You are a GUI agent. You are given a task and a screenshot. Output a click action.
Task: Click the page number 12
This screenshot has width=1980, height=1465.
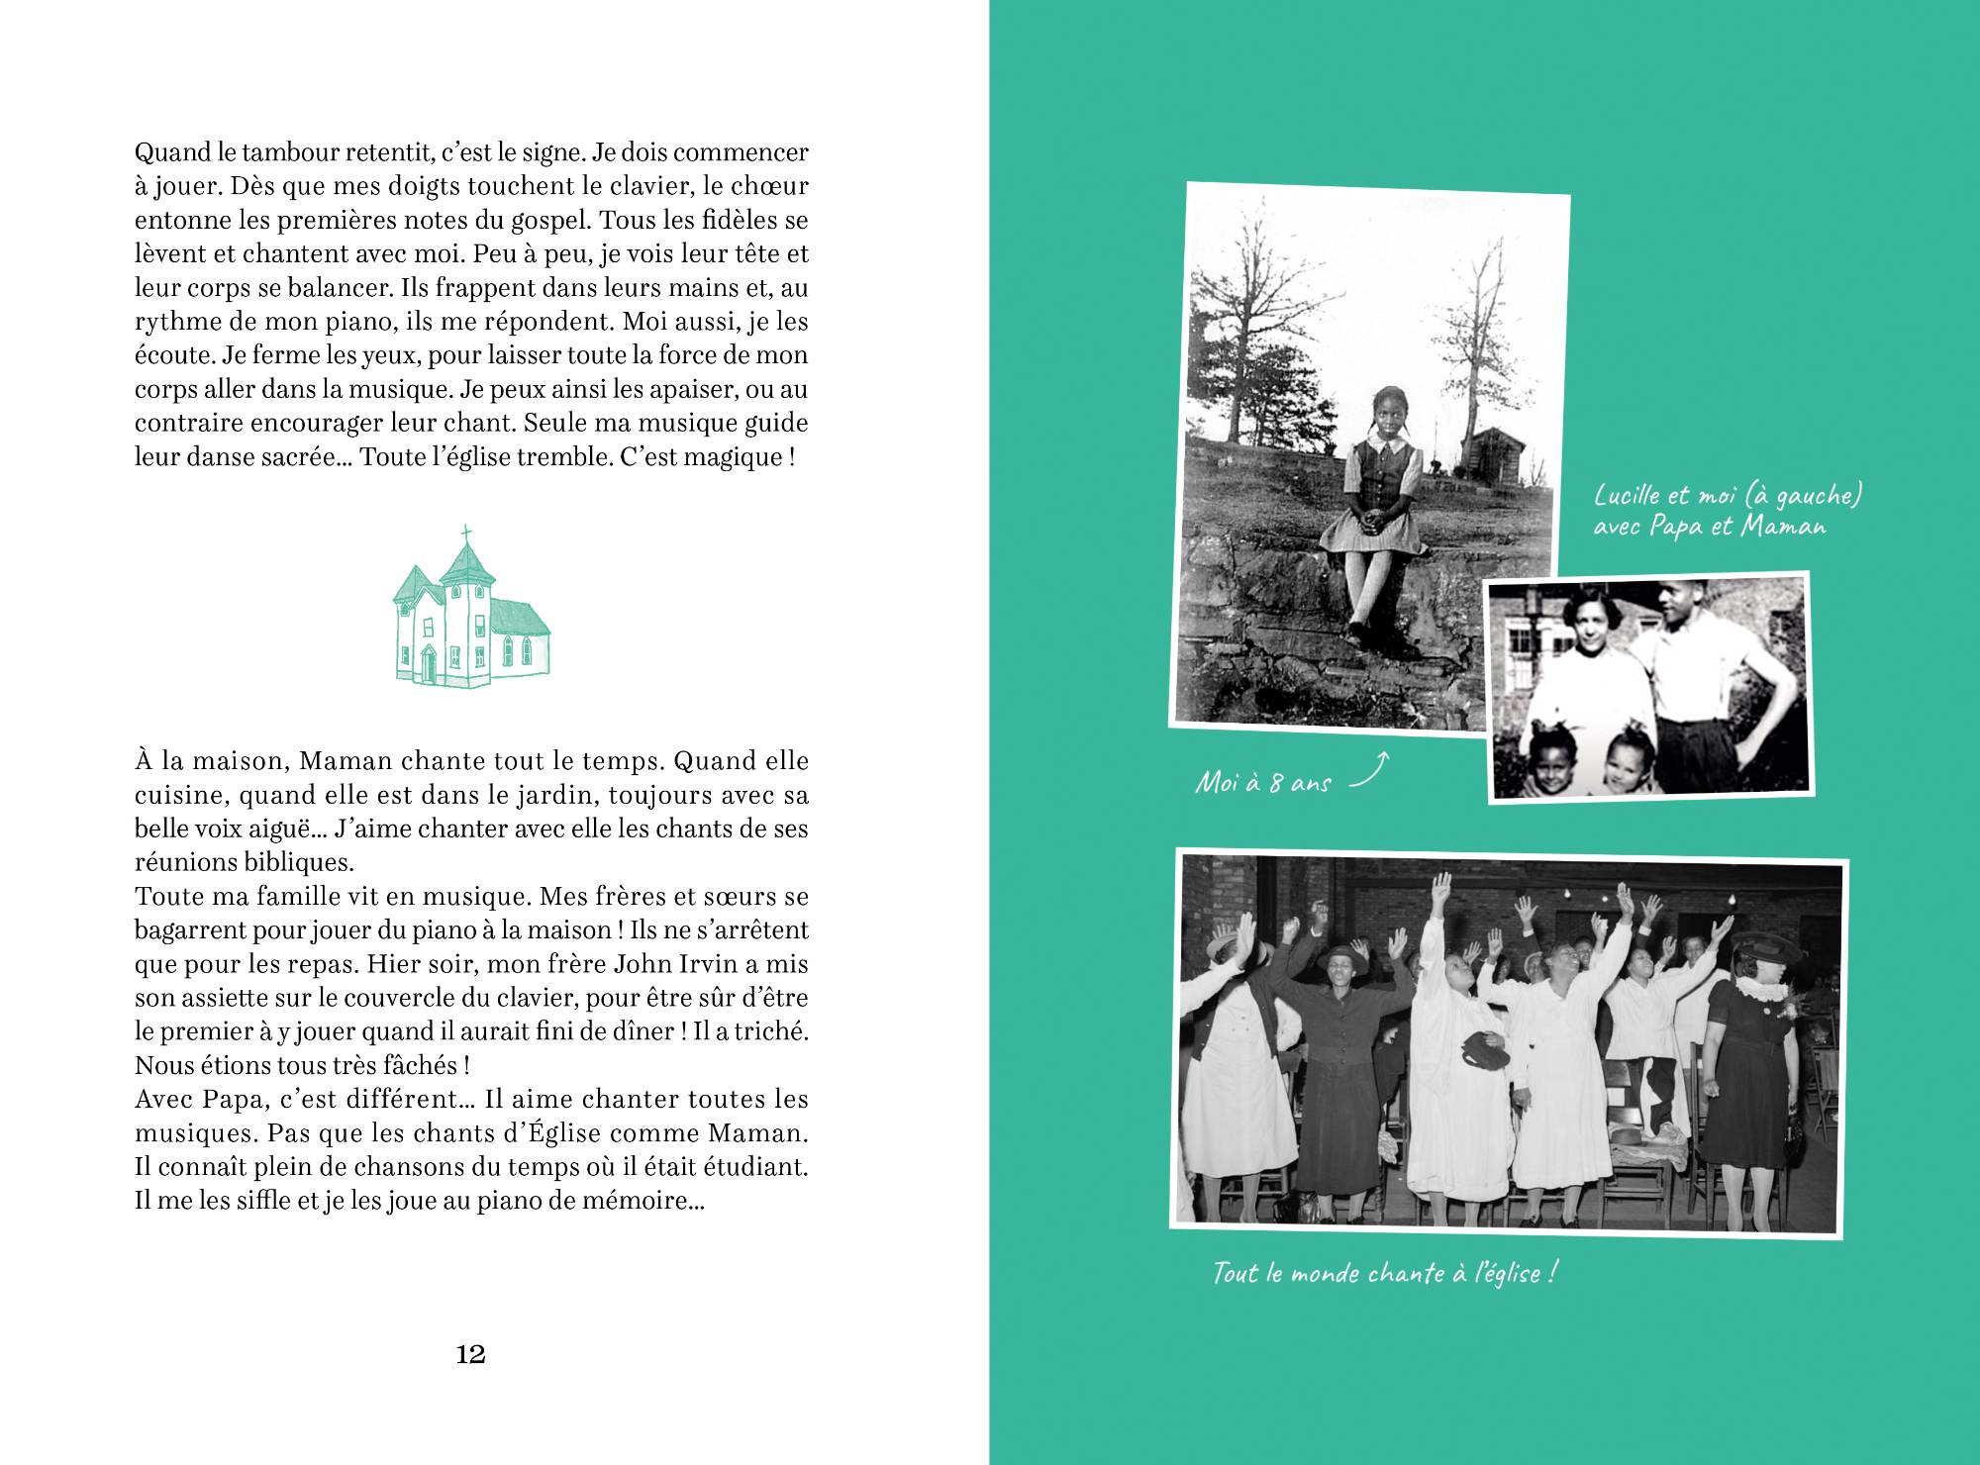click(470, 1355)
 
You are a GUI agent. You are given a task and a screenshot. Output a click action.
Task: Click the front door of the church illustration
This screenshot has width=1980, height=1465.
click(428, 664)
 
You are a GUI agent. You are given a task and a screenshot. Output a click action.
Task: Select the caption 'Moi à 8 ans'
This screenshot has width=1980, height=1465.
click(1263, 782)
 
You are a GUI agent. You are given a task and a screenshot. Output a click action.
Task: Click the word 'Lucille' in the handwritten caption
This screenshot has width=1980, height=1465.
click(1630, 494)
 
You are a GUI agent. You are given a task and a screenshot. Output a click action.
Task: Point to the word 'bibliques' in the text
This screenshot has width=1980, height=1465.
click(298, 862)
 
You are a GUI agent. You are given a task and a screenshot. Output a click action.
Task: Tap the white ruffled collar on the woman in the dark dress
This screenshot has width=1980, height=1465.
click(1760, 991)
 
